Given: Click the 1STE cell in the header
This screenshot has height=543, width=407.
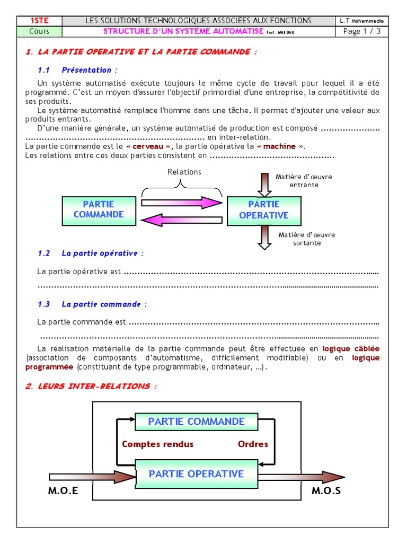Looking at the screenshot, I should coord(39,21).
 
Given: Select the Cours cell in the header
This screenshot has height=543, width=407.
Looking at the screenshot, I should coord(39,31).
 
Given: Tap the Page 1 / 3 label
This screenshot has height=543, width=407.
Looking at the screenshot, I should coord(362,31).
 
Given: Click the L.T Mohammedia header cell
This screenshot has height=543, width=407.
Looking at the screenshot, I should coord(362,21).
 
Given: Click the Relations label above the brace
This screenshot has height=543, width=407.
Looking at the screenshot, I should coord(184,172).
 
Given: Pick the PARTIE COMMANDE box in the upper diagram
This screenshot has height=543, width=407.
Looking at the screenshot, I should coord(99,209).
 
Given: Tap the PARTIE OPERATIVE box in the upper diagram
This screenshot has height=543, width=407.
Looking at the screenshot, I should coord(264,210).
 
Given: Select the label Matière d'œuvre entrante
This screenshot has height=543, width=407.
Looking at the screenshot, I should coord(304,181).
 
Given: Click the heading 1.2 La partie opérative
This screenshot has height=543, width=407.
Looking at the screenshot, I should coord(91,253).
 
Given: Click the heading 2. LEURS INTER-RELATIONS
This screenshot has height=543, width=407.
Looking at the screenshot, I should coord(91,387).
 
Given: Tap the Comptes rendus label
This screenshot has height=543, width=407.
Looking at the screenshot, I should coord(157,444).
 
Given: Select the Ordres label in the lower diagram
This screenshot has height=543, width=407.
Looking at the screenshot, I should coord(253,444).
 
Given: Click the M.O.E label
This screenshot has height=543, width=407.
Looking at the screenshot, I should coord(63,491).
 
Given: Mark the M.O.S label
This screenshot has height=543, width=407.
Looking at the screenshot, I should coord(326,491).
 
